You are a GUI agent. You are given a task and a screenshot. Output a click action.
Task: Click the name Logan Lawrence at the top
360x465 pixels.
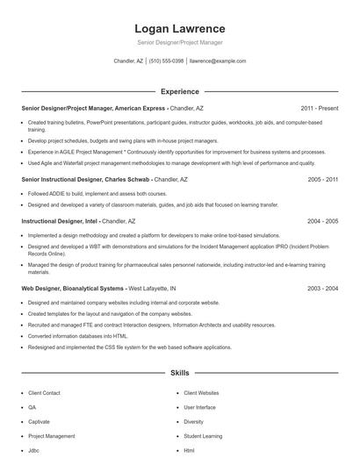pyautogui.click(x=180, y=28)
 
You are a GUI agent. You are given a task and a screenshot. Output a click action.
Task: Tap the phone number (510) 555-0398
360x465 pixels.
pyautogui.click(x=166, y=61)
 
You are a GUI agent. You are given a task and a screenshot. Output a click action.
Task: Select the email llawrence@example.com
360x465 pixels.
pyautogui.click(x=218, y=61)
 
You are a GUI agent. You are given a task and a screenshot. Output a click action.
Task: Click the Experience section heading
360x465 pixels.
pyautogui.click(x=180, y=91)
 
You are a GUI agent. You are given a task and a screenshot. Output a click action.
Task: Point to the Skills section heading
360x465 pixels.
pyautogui.click(x=180, y=373)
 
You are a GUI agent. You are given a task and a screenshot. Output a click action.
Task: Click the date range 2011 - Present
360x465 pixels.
pyautogui.click(x=320, y=108)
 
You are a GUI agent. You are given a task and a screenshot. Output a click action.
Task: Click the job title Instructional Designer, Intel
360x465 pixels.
pyautogui.click(x=60, y=221)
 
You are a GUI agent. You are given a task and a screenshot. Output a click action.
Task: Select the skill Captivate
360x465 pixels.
pyautogui.click(x=39, y=421)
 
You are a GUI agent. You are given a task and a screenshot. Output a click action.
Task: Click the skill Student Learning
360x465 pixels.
pyautogui.click(x=203, y=435)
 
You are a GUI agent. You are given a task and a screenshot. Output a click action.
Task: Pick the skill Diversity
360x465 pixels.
pyautogui.click(x=193, y=421)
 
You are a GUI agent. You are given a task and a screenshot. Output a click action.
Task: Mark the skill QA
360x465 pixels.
pyautogui.click(x=32, y=407)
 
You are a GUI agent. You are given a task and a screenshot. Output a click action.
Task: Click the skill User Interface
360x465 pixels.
pyautogui.click(x=199, y=407)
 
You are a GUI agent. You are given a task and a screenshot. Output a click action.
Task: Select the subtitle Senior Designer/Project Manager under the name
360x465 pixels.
pyautogui.click(x=180, y=42)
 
